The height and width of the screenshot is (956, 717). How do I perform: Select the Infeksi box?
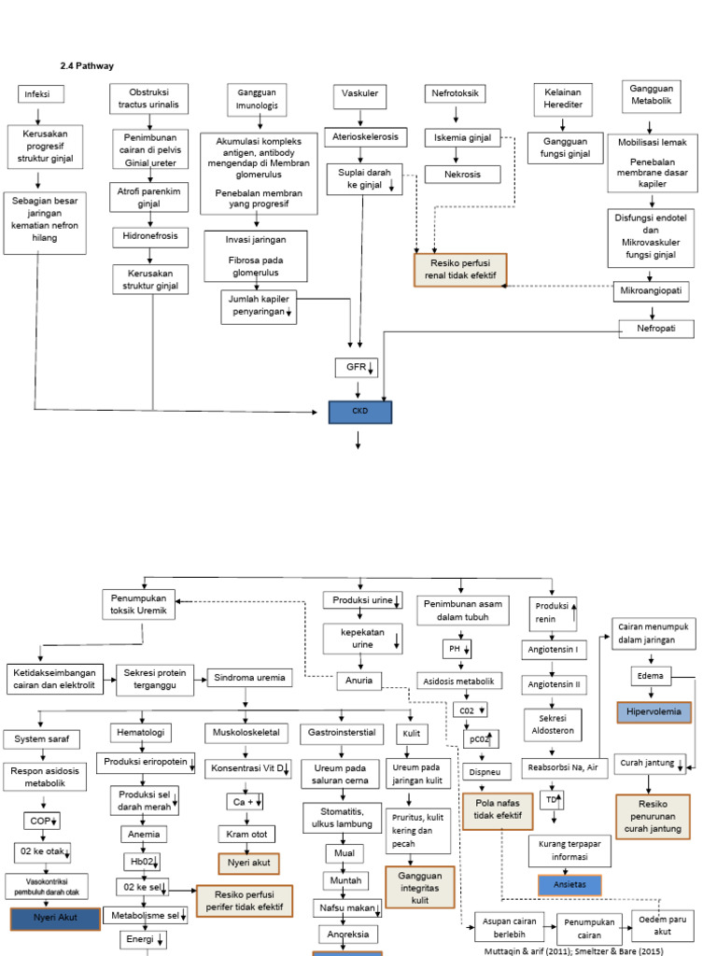37,94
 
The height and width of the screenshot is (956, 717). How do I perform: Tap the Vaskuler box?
359,94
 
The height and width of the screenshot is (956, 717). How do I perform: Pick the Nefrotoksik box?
456,94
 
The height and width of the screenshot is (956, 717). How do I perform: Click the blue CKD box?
360,412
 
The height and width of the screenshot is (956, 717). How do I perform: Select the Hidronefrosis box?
150,237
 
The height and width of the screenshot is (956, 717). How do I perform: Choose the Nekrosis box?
462,174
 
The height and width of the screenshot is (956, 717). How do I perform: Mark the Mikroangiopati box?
652,291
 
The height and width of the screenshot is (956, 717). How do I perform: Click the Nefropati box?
654,329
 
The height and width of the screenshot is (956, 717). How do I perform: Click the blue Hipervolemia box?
654,713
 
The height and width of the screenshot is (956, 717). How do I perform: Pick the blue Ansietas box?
569,885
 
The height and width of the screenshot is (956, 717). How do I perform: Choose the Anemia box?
144,834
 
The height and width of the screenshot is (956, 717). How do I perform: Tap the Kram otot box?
246,834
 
